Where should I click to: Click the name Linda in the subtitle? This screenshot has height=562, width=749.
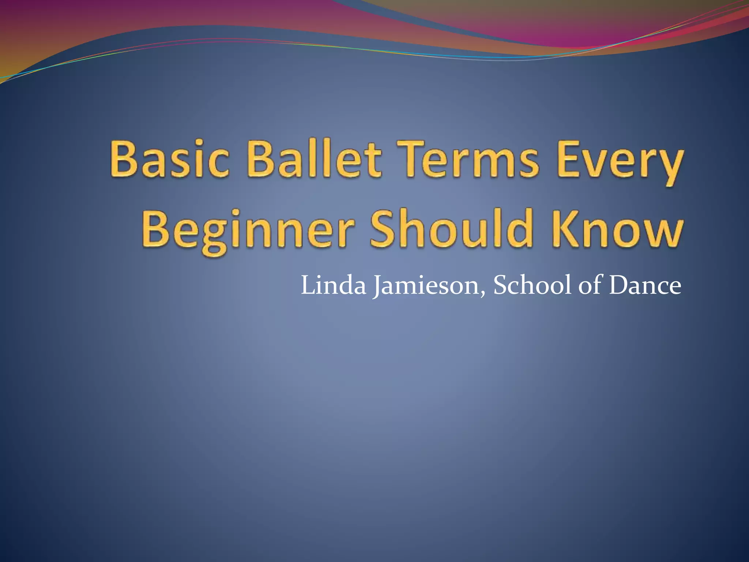click(x=333, y=285)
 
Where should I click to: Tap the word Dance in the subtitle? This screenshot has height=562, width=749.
click(x=645, y=285)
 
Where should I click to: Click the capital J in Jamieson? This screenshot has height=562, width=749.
click(x=376, y=287)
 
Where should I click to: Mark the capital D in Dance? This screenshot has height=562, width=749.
click(x=618, y=285)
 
